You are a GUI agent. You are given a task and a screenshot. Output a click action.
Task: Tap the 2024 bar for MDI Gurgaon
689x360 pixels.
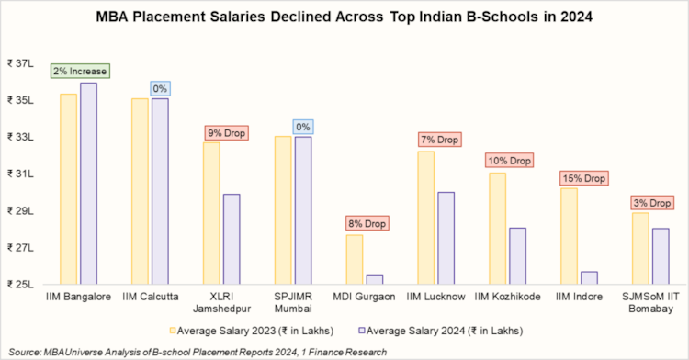pyautogui.click(x=375, y=279)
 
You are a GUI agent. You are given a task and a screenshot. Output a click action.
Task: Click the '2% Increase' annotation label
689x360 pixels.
pyautogui.click(x=80, y=71)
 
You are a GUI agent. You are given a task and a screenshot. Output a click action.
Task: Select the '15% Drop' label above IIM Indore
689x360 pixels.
pyautogui.click(x=581, y=178)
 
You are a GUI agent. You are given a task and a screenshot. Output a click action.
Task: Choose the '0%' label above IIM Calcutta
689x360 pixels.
pyautogui.click(x=159, y=88)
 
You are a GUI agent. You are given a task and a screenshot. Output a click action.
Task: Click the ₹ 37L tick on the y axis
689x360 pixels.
pyautogui.click(x=19, y=63)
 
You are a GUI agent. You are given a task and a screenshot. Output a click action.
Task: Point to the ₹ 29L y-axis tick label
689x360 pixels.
pyautogui.click(x=19, y=211)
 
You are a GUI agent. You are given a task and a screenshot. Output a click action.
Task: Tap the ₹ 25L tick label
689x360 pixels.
pyautogui.click(x=19, y=285)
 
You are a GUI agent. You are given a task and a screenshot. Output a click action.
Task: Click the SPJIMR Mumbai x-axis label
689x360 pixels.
pyautogui.click(x=295, y=302)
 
